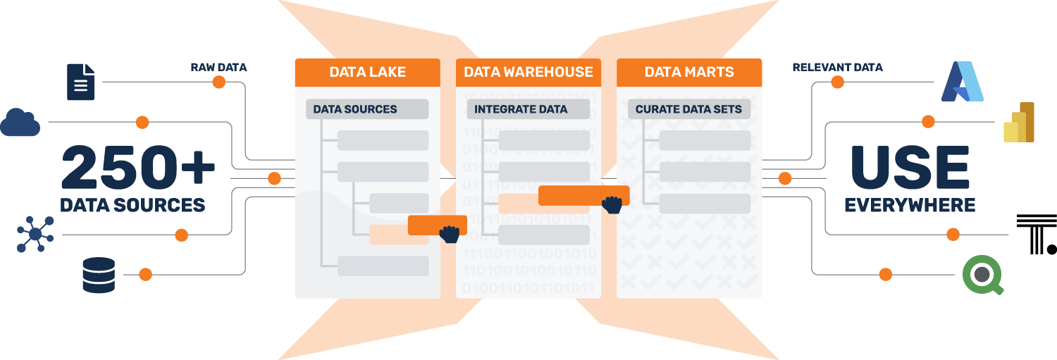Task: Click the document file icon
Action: coord(81,82)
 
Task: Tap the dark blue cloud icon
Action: coord(20,123)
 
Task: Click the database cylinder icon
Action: coord(99,275)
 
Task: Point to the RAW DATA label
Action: coord(218,68)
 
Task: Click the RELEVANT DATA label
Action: coord(837,68)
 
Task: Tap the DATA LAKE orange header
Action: coord(367,72)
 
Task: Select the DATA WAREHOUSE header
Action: coord(528,72)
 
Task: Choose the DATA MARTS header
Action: coord(689,72)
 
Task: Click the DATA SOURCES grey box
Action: coord(367,109)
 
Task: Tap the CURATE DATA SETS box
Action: coord(689,109)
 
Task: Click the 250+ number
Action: coord(138,168)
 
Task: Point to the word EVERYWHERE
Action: coord(909,205)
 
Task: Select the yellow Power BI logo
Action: coord(1019,123)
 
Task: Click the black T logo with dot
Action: coord(1036,235)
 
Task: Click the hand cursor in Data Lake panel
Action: coord(449,234)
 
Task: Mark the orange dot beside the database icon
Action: coord(145,274)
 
